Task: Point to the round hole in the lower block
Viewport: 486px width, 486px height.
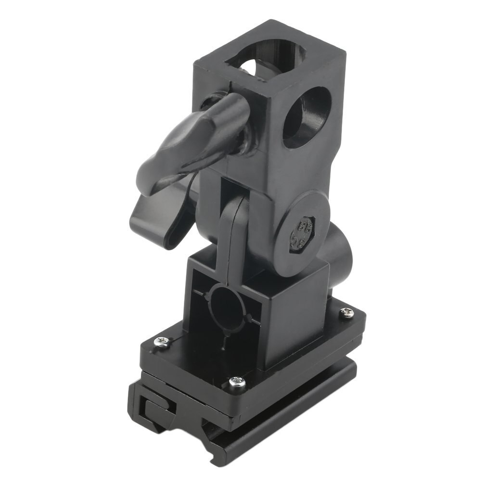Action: (227, 306)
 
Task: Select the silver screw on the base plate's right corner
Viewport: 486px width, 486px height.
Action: (346, 313)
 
